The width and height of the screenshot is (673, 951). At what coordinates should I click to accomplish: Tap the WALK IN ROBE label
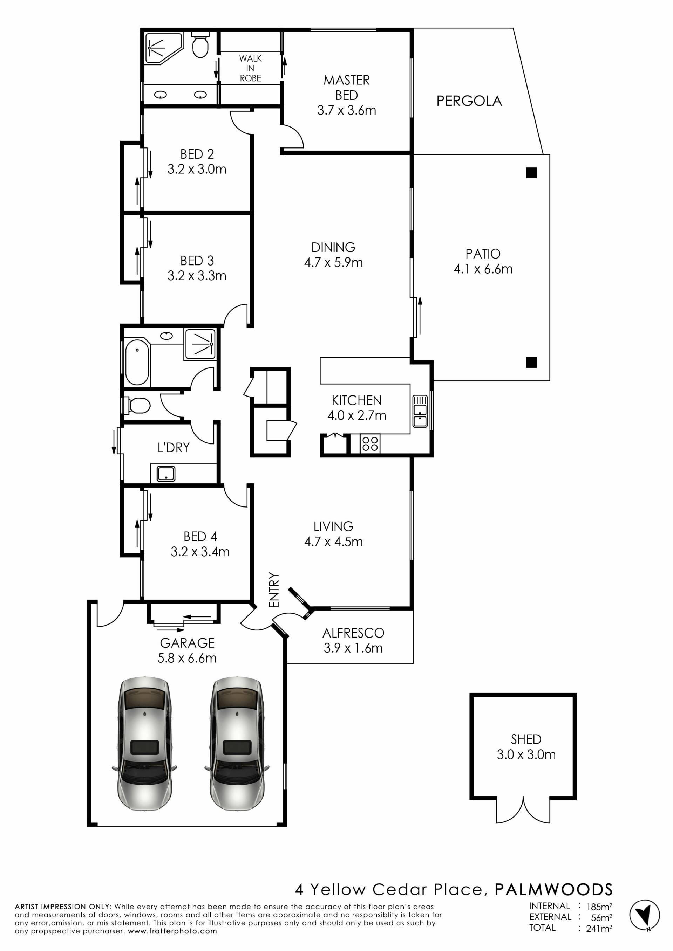tap(250, 68)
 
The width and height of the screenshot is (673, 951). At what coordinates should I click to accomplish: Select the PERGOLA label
tap(469, 101)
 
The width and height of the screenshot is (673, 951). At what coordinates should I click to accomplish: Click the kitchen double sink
tap(420, 411)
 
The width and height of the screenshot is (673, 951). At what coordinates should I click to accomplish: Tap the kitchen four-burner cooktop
tap(370, 443)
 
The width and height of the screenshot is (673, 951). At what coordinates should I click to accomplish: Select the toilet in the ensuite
tap(200, 45)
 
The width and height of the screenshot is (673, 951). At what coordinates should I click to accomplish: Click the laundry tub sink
tap(166, 474)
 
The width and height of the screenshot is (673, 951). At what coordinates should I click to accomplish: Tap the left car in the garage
tap(145, 744)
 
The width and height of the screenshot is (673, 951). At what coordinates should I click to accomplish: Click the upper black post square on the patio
tap(531, 173)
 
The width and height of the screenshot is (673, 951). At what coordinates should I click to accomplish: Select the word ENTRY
tap(274, 590)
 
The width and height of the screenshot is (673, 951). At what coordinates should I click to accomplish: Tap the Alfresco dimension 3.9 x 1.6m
tap(353, 648)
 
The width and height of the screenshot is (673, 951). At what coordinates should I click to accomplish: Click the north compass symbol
tap(644, 915)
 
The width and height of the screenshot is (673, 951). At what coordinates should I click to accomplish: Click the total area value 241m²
tap(599, 929)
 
